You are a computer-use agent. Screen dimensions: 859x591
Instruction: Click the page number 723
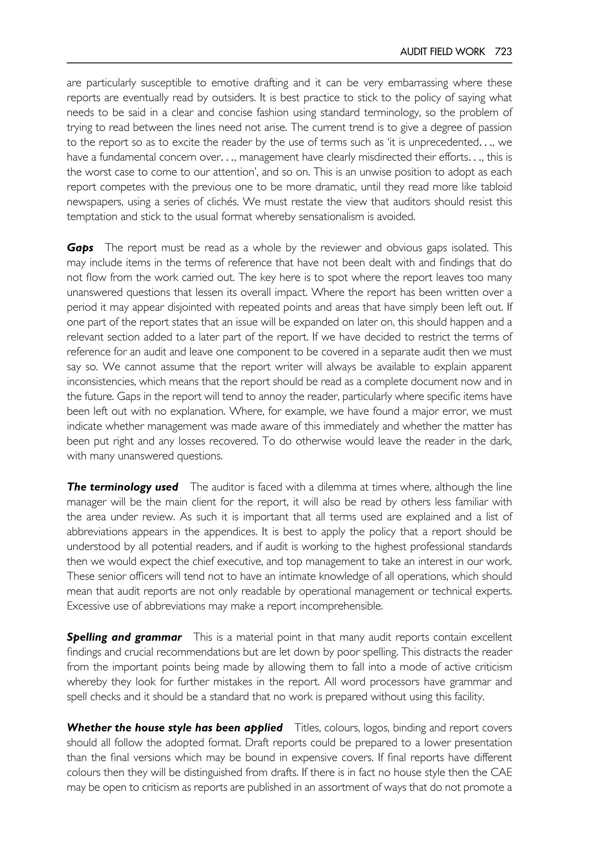(503, 52)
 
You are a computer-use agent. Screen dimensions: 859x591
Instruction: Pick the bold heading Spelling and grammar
(124, 637)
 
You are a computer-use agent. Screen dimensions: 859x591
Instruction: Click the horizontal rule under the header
(289, 63)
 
